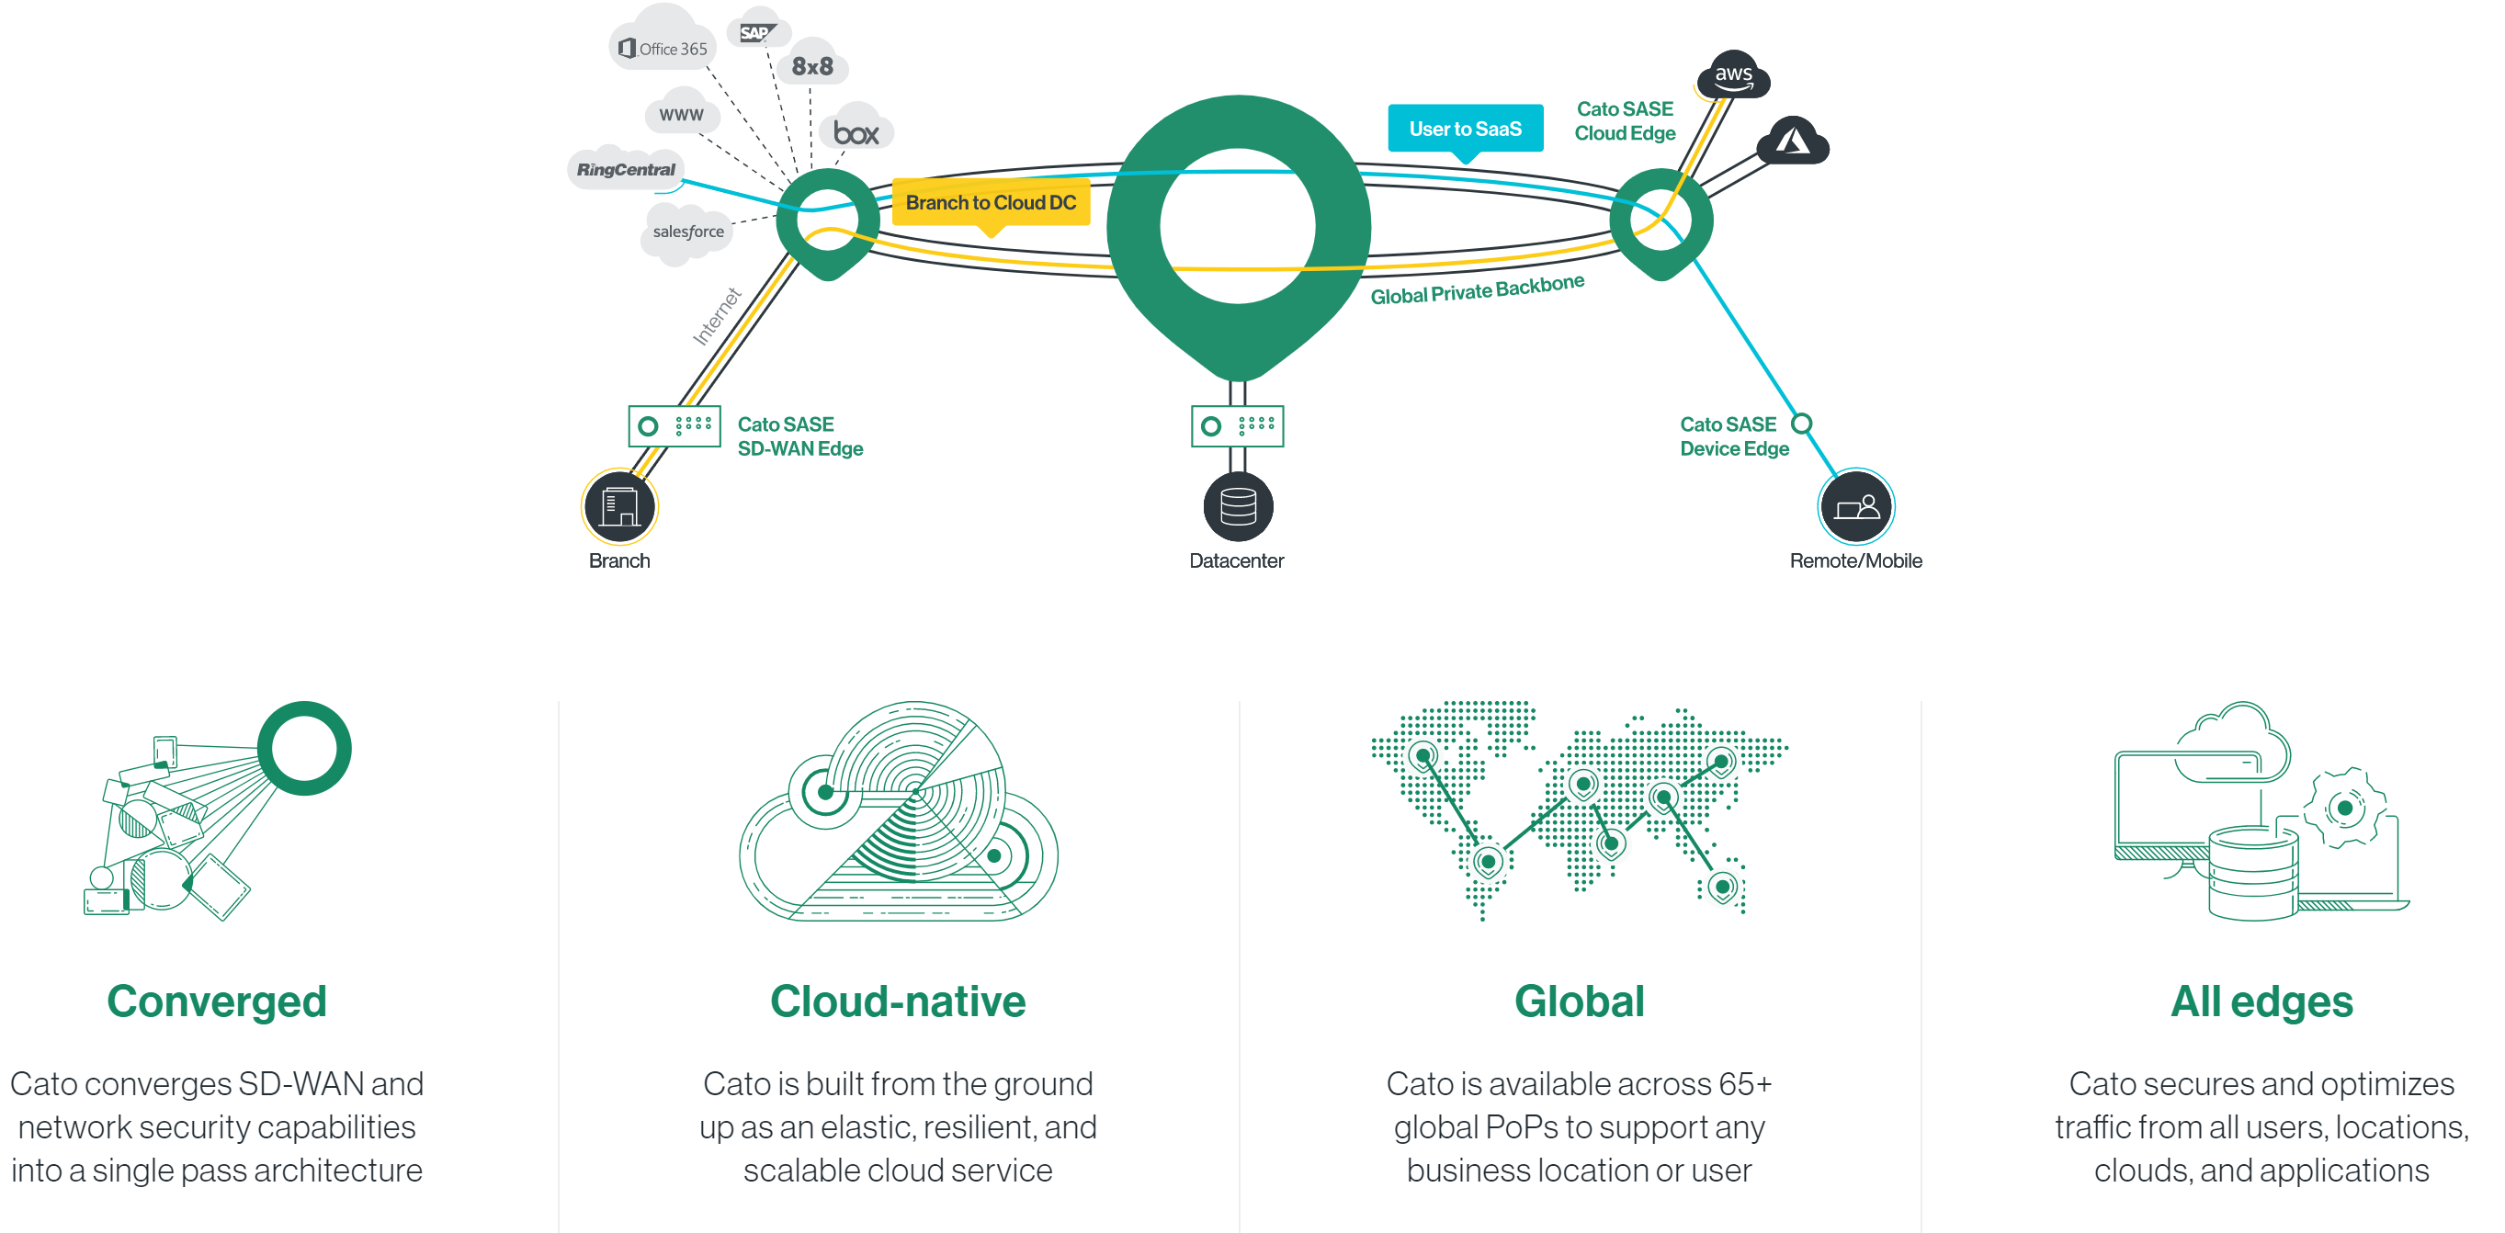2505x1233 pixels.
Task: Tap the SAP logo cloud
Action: [x=757, y=32]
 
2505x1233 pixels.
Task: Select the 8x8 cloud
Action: [x=812, y=66]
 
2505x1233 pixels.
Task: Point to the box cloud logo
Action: [x=855, y=132]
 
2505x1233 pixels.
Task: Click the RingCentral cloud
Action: [x=625, y=169]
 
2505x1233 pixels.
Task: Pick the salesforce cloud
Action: [x=687, y=232]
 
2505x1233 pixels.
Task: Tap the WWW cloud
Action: [x=681, y=115]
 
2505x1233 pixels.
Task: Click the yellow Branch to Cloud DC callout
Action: [x=990, y=202]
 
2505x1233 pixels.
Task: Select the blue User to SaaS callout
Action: [x=1465, y=129]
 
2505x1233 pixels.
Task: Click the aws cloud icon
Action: [x=1733, y=74]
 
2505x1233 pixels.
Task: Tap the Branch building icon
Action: [x=619, y=506]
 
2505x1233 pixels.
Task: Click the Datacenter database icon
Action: [x=1238, y=506]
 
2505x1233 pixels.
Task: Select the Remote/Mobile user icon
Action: [x=1855, y=506]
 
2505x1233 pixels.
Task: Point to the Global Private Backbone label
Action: [x=1476, y=288]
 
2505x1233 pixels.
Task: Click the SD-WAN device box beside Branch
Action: [x=674, y=426]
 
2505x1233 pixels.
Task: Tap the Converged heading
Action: [x=217, y=1001]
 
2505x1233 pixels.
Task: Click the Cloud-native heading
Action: [x=898, y=1001]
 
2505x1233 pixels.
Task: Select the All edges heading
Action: [x=2261, y=1001]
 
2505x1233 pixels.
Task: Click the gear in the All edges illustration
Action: [x=2343, y=808]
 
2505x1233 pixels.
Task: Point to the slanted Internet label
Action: [x=717, y=317]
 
